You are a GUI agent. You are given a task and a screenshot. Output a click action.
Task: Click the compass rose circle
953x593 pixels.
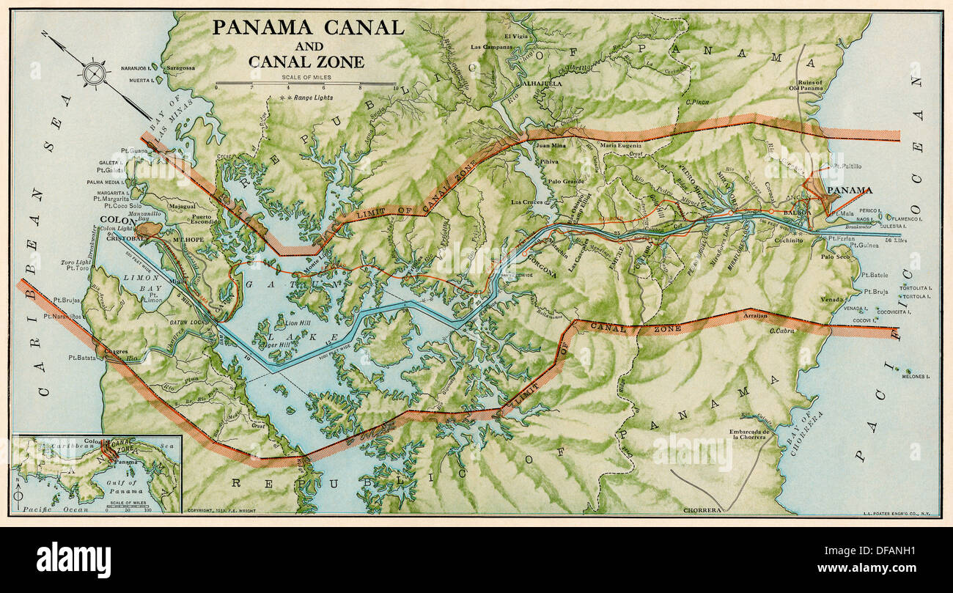pos(95,74)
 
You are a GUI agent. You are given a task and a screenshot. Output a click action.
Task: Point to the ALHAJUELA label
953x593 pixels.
pos(542,84)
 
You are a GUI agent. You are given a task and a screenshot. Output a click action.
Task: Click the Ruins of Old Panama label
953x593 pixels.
pos(809,84)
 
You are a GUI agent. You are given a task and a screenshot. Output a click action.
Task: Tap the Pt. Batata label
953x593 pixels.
pos(82,358)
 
